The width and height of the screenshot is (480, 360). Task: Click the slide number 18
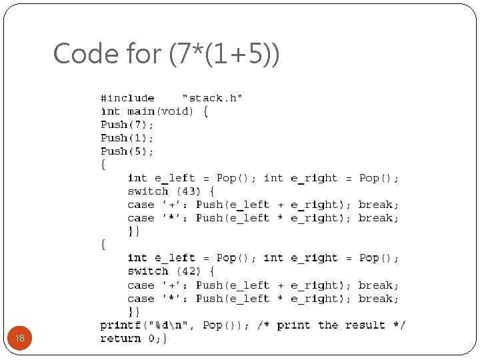coord(20,339)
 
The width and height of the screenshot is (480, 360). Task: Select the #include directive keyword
coord(127,98)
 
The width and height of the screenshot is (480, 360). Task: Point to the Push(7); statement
coord(127,125)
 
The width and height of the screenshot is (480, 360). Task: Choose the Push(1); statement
coord(127,138)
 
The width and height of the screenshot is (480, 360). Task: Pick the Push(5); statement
coord(127,151)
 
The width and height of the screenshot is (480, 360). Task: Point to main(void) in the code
coord(160,111)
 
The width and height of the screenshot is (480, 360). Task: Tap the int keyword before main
coord(111,111)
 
